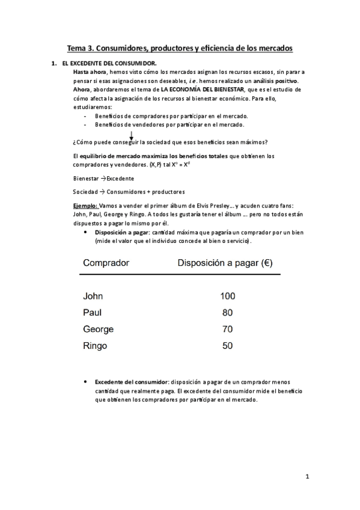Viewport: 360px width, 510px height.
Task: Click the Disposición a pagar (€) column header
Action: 228,262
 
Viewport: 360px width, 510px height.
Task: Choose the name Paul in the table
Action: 93,313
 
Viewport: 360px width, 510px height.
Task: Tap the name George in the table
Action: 98,330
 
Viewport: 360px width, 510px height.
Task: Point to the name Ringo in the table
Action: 95,346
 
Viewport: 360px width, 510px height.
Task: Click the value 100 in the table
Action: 228,296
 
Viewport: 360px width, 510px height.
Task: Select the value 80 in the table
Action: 228,313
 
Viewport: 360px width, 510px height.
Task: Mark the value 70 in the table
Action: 228,330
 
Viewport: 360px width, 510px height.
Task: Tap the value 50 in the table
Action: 228,346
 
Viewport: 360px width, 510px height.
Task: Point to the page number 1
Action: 307,477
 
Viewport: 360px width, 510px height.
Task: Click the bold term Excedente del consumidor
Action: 131,381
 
